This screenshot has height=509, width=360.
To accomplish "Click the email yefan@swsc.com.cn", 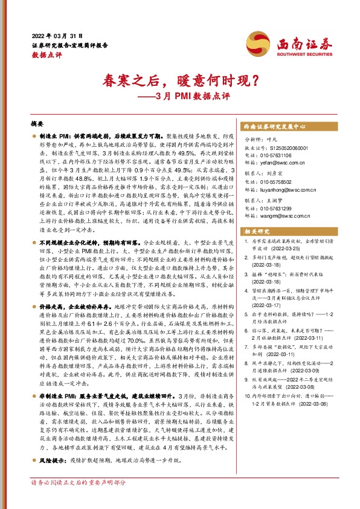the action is point(284,163).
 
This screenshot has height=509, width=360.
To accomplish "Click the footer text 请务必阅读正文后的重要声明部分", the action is point(79,499).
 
